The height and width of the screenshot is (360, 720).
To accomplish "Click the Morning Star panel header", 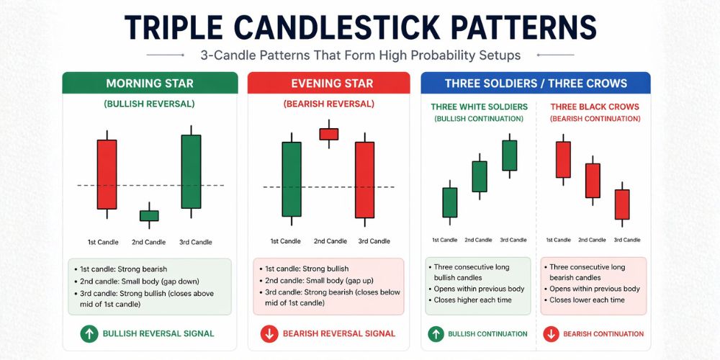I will pos(150,84).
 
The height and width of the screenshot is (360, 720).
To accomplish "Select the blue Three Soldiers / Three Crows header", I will pos(536,84).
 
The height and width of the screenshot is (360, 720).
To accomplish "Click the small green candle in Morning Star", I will pos(149,215).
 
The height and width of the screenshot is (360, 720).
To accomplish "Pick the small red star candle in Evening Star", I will pos(328,134).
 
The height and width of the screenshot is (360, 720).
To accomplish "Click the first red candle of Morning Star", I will pos(107,174).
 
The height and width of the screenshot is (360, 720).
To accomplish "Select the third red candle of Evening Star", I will pos(364,179).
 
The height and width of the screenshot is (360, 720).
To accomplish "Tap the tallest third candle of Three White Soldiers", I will pos(509,155).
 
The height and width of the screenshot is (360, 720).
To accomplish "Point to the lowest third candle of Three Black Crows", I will pos(622,204).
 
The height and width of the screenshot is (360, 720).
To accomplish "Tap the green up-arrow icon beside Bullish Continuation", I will pos(436,333).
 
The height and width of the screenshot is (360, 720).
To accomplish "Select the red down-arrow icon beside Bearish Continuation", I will pos(551,333).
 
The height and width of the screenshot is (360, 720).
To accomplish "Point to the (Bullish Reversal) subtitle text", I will pos(149,104).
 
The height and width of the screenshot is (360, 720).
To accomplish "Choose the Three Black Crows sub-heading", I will pos(594,107).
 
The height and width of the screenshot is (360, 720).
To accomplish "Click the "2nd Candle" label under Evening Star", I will pos(330,241).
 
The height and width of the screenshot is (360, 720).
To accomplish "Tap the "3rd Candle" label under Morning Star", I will pos(195,242).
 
